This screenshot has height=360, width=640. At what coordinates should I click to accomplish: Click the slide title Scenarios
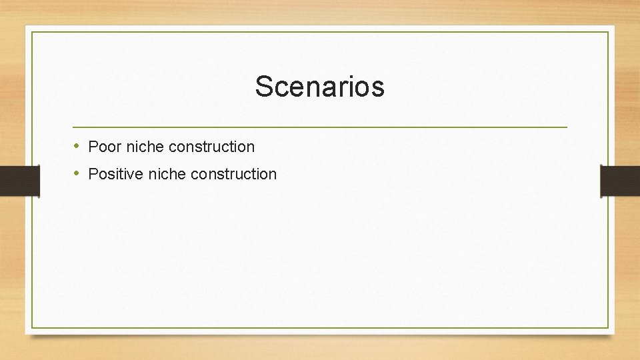tap(319, 87)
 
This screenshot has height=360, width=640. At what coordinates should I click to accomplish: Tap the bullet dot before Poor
tap(77, 145)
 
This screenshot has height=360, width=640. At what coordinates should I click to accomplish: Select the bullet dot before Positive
tap(77, 173)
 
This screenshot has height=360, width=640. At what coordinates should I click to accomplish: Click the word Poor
tap(105, 146)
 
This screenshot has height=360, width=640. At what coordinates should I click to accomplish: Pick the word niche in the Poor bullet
tap(145, 146)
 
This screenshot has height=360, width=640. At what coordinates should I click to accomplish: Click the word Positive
tap(116, 174)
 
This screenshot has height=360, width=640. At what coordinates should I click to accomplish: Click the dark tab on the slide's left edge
tap(19, 181)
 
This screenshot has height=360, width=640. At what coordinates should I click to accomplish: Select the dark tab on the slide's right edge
tap(619, 181)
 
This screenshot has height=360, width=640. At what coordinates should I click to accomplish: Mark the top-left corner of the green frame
tap(32, 32)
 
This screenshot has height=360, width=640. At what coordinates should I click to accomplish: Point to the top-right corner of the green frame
tap(608, 32)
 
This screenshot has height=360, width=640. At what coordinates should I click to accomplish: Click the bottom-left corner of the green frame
tap(32, 327)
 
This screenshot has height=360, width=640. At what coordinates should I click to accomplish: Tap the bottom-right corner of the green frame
tap(608, 327)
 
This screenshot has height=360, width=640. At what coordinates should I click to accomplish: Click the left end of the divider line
tap(73, 127)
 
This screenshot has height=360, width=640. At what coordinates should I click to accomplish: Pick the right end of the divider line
tap(567, 127)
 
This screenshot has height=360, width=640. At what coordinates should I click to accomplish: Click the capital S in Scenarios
tap(263, 87)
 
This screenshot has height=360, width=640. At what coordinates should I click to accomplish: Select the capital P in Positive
tap(93, 174)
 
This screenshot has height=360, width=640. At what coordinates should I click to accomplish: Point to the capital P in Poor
tap(93, 146)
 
